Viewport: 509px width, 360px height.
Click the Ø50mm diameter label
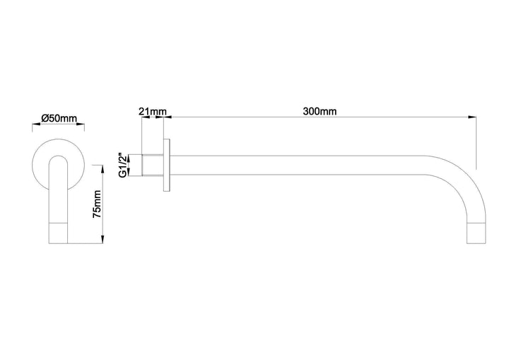[x=59, y=118]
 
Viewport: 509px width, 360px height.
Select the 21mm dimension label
[x=153, y=111]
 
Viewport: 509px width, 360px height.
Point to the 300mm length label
[x=320, y=111]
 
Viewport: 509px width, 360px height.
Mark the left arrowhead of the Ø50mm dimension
[x=35, y=127]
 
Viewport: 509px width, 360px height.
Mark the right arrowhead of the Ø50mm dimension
[x=83, y=127]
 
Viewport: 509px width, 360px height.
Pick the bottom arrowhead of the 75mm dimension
[x=104, y=242]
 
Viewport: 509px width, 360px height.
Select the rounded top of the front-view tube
[x=59, y=159]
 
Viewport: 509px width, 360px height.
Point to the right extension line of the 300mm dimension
[x=474, y=141]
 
